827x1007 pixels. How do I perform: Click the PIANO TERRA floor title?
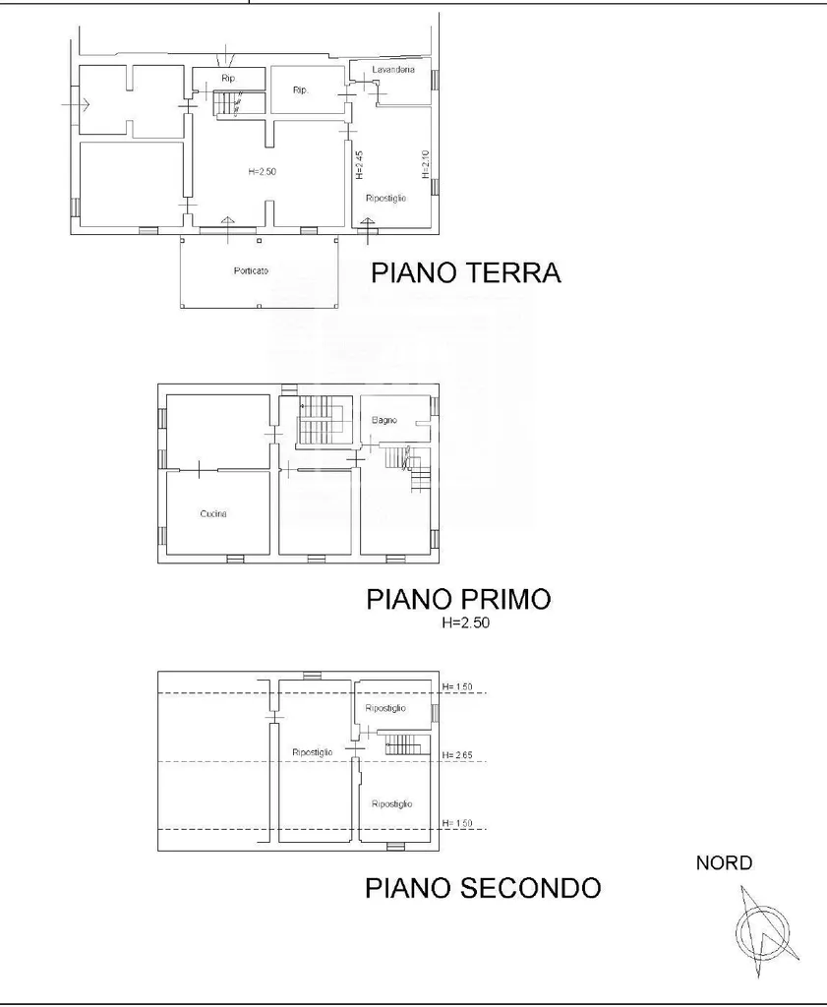(466, 273)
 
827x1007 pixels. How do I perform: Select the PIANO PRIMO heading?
(458, 599)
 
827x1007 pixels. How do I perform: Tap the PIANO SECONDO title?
(483, 888)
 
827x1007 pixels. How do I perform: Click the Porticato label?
(251, 271)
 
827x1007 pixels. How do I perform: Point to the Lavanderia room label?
(393, 70)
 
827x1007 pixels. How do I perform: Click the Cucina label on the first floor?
(213, 513)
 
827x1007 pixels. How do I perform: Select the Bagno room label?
(384, 420)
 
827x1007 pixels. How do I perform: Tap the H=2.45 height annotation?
(360, 165)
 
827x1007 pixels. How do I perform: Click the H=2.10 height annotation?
(425, 164)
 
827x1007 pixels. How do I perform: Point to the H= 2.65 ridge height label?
(457, 755)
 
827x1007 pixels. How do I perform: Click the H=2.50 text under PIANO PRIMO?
(465, 622)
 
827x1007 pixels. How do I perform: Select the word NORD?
(724, 863)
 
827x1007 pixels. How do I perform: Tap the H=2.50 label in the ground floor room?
(262, 171)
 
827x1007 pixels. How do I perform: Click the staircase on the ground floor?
(228, 104)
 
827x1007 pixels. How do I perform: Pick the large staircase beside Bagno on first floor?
(324, 421)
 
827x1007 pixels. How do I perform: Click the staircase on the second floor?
(402, 745)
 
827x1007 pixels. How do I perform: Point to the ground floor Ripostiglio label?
(385, 199)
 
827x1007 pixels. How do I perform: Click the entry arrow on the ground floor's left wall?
(76, 103)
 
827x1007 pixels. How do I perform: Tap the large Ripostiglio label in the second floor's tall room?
(312, 752)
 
